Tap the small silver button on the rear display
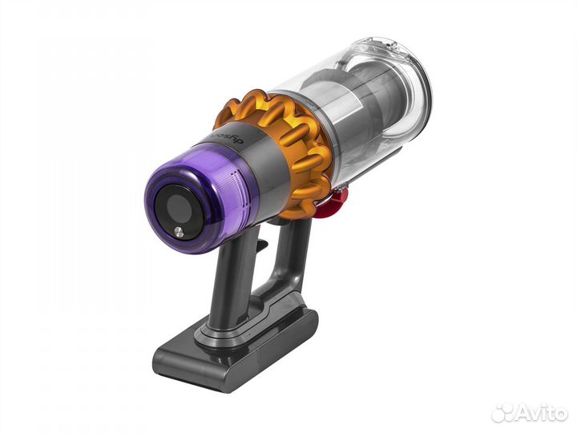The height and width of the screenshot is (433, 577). pyautogui.click(x=178, y=232)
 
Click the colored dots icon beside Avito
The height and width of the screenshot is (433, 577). pyautogui.click(x=502, y=412)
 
